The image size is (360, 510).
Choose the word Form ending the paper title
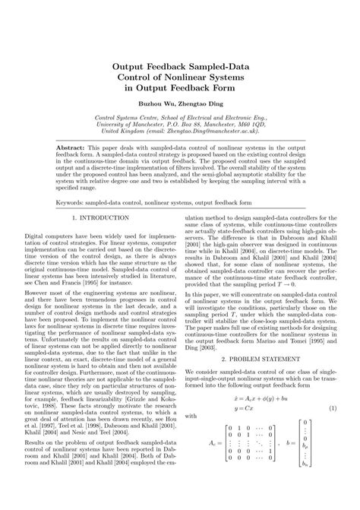[226, 88]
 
